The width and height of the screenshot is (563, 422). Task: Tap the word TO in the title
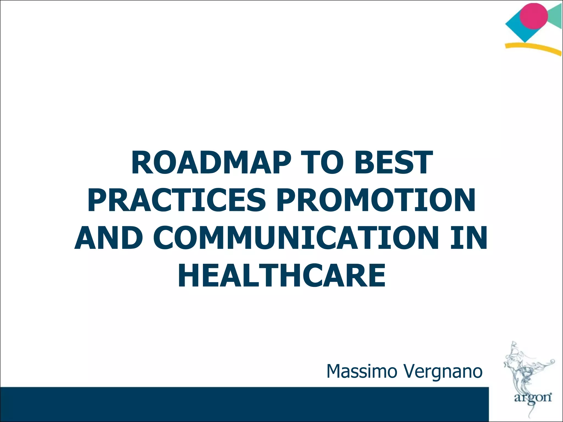click(x=322, y=163)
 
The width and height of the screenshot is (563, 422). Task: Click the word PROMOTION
click(x=376, y=200)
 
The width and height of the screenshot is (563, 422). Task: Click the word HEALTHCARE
click(x=281, y=275)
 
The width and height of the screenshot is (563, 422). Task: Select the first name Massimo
click(x=362, y=371)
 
